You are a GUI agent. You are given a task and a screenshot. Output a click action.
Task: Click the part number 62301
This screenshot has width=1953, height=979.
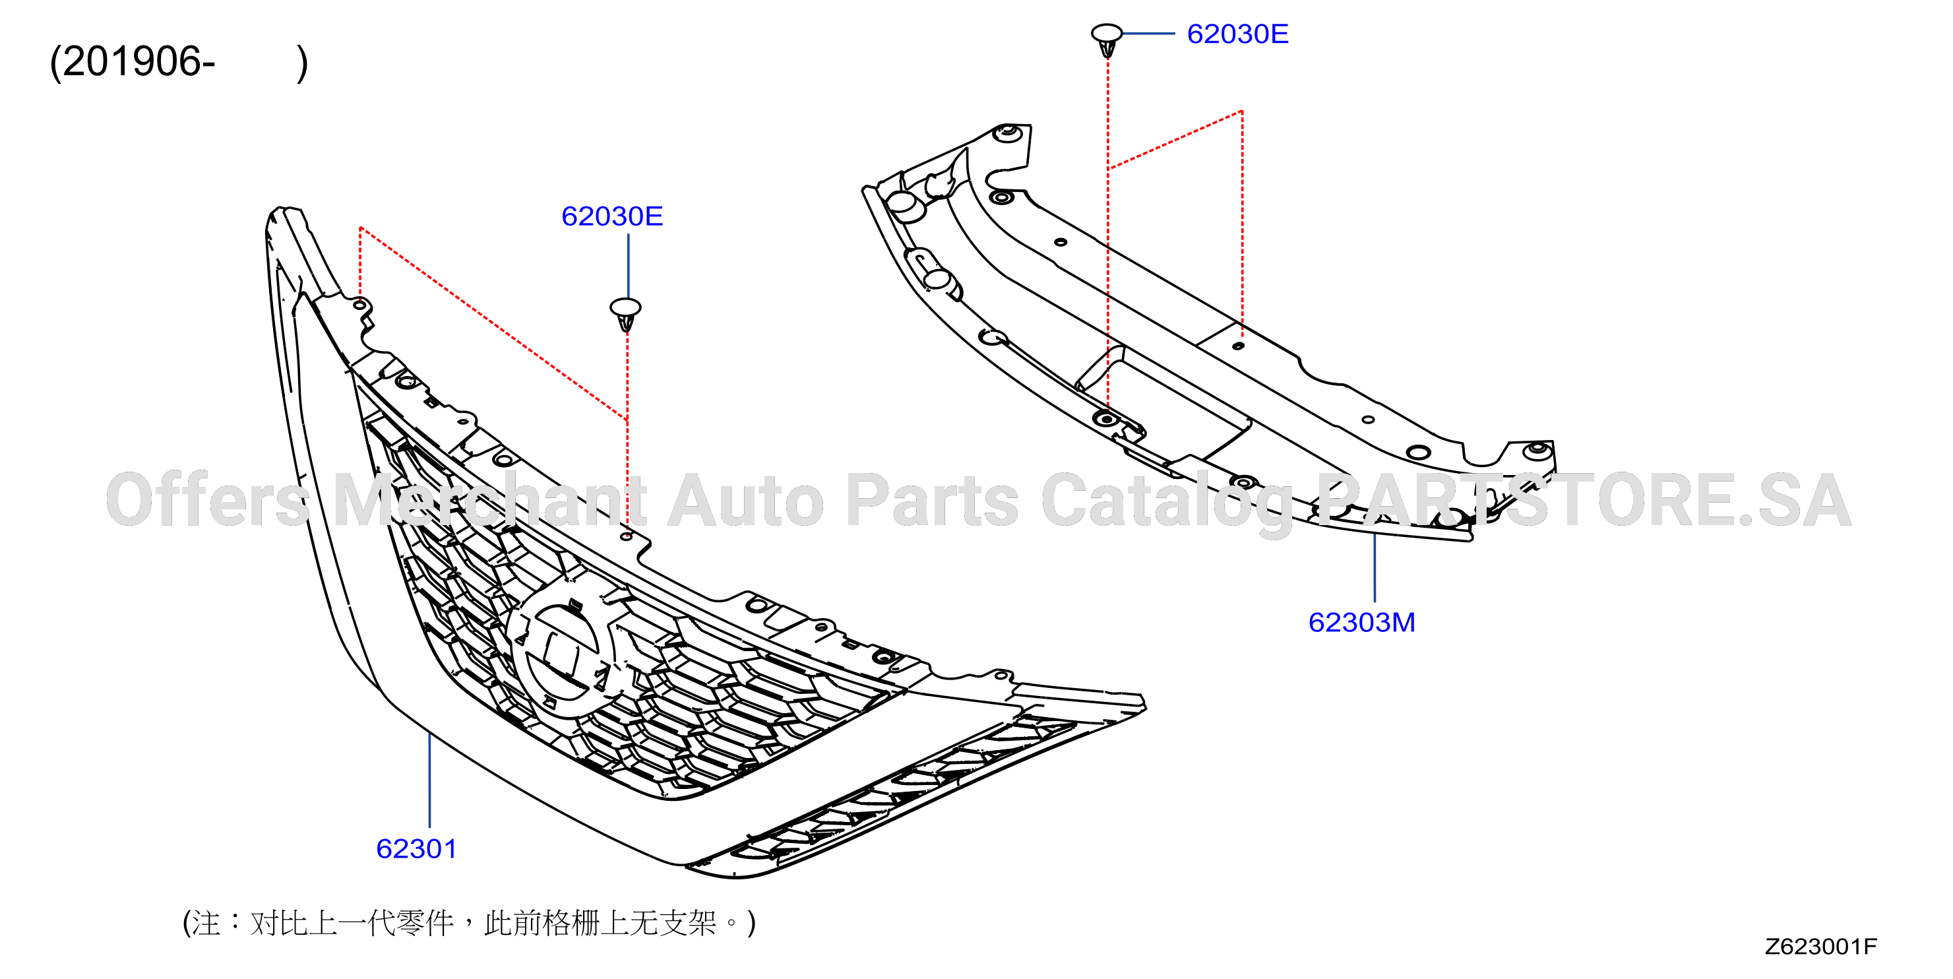click(416, 848)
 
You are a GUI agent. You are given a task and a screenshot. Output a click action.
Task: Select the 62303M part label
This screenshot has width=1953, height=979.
click(1361, 623)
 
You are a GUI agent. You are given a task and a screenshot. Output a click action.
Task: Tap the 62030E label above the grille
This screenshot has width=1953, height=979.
click(612, 216)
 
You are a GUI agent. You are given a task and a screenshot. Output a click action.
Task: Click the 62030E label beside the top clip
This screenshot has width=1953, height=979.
click(1237, 34)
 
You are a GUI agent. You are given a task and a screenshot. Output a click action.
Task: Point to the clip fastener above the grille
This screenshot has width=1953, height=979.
click(625, 313)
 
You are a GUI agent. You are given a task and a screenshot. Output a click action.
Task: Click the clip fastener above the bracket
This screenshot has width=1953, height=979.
click(1107, 40)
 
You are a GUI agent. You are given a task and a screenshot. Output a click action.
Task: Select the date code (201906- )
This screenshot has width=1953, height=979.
click(179, 62)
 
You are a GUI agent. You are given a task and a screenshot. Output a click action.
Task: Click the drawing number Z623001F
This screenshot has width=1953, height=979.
click(1820, 947)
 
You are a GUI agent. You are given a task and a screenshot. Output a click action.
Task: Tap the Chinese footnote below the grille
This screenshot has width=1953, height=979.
click(470, 923)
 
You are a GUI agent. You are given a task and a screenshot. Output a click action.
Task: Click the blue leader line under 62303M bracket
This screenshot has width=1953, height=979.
click(1375, 567)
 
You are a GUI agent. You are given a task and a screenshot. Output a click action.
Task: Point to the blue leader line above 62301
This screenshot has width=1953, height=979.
click(430, 780)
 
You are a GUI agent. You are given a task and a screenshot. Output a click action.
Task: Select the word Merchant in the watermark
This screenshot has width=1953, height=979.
click(490, 501)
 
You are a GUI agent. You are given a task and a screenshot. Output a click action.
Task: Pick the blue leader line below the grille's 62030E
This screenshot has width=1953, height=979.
click(628, 265)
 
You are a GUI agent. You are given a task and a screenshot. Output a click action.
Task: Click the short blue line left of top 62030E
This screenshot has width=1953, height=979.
click(1148, 34)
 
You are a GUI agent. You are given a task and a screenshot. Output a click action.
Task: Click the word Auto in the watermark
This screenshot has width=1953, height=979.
click(746, 501)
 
